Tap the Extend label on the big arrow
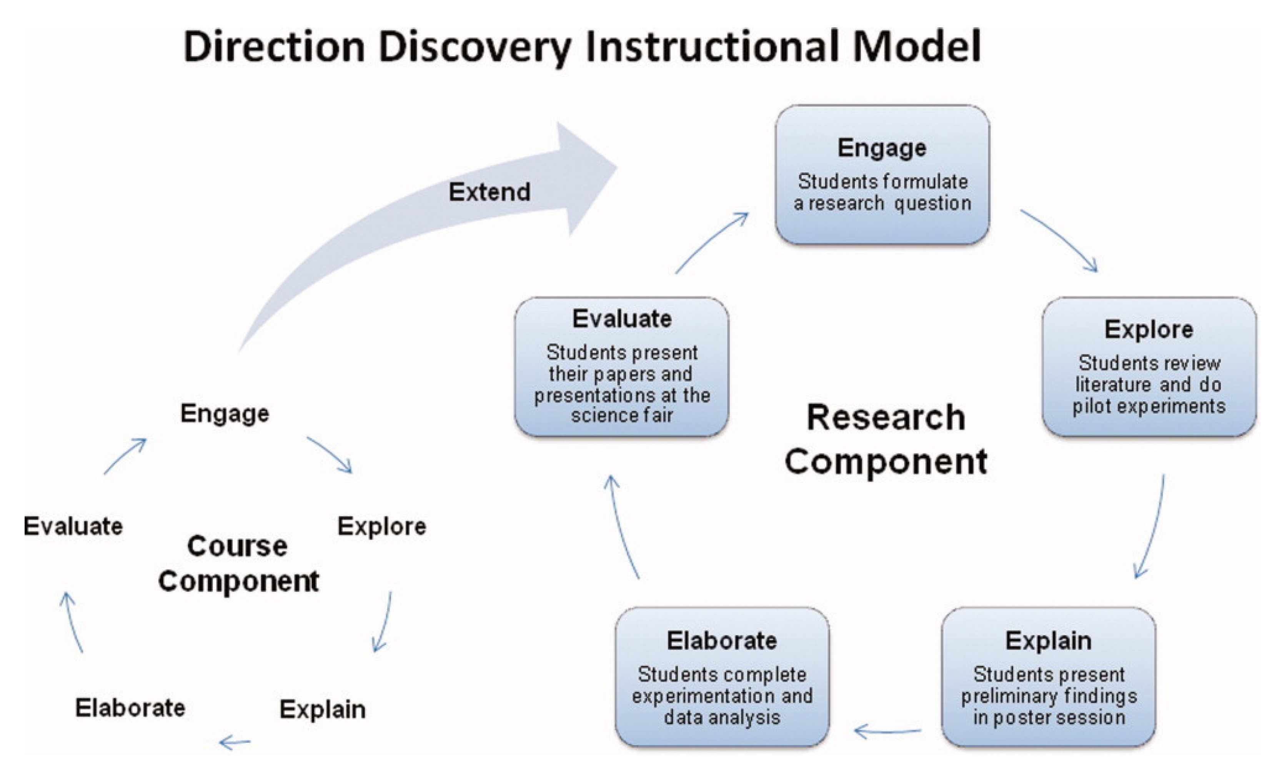[x=489, y=192]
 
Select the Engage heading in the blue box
[x=881, y=148]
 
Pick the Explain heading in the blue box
[x=1048, y=641]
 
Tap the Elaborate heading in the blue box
[x=721, y=641]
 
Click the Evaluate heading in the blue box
[x=621, y=319]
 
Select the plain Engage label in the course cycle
[x=225, y=414]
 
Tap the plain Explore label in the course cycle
[x=381, y=527]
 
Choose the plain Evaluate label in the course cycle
[x=73, y=527]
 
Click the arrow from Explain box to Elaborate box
[x=887, y=732]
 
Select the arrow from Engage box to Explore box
[x=1060, y=239]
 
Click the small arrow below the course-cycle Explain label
[x=235, y=742]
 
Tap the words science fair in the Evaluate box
[x=621, y=416]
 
